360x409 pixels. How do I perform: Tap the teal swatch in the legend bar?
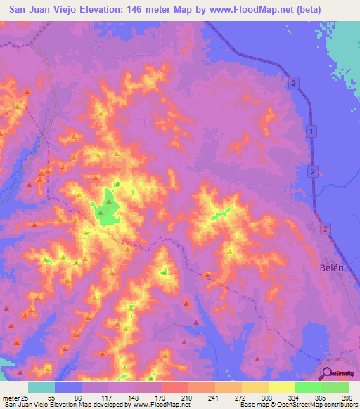tap(41, 387)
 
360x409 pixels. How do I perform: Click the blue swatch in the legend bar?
tap(68, 387)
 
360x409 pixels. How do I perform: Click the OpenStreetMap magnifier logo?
tap(328, 373)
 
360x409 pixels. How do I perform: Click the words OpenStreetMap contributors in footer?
tap(320, 404)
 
